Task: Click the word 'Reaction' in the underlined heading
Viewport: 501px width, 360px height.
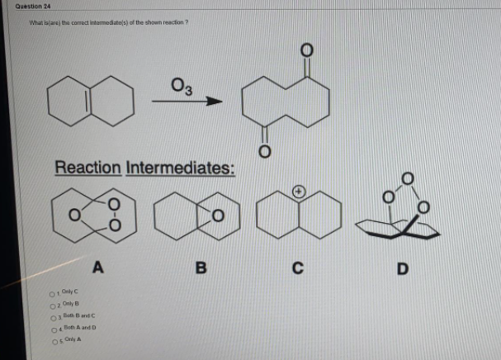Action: (x=87, y=168)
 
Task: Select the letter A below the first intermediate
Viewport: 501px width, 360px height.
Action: (x=98, y=266)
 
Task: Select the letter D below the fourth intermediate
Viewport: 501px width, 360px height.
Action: (x=402, y=267)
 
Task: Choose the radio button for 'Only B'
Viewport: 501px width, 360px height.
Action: (x=51, y=304)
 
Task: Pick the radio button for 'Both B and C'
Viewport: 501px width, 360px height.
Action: (x=51, y=316)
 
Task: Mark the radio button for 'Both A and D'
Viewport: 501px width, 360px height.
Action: (x=51, y=329)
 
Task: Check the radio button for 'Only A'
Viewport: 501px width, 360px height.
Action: (x=51, y=341)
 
